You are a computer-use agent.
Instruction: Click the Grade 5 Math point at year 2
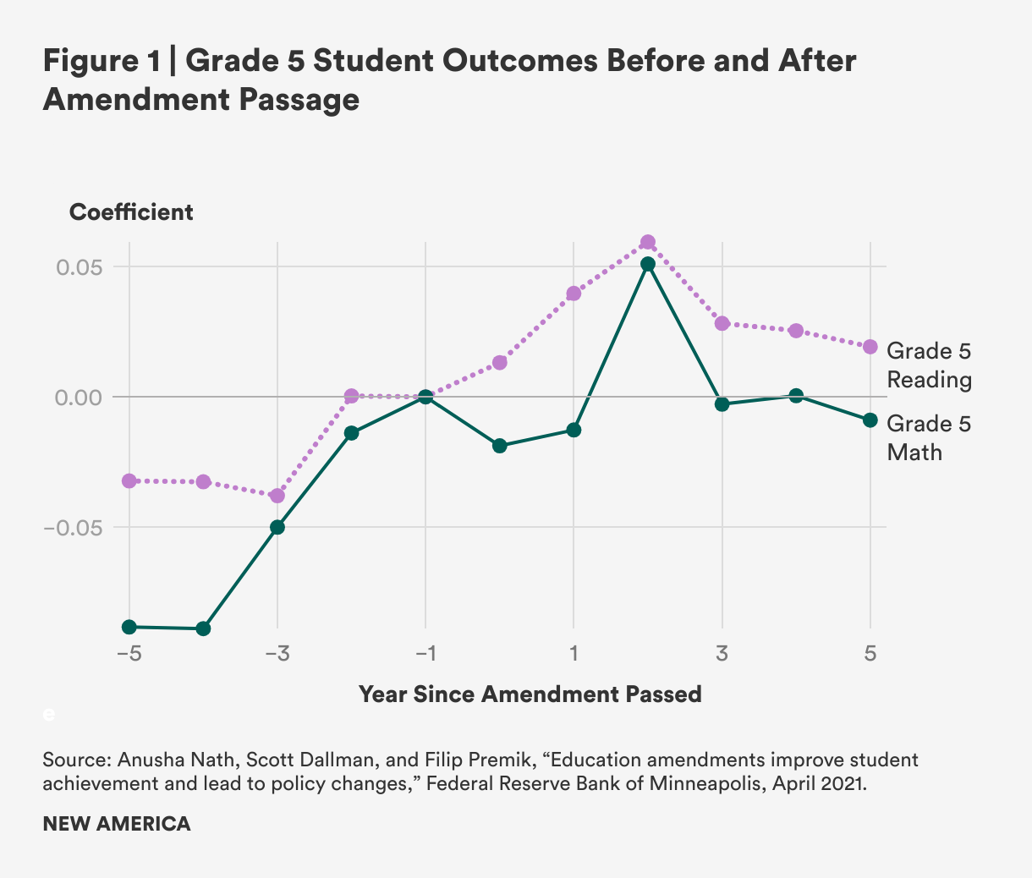(x=648, y=264)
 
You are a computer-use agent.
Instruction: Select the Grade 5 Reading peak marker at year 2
(x=648, y=243)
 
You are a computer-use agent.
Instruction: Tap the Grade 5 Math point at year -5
(x=129, y=627)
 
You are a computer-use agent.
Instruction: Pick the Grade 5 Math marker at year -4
(x=203, y=628)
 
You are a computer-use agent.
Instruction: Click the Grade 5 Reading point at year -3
(x=277, y=495)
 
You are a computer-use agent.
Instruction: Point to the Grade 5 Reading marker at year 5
(x=870, y=347)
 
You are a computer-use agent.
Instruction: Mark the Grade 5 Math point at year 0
(x=499, y=446)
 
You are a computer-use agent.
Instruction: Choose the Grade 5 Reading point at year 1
(x=574, y=294)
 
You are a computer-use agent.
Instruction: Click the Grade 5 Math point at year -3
(x=277, y=527)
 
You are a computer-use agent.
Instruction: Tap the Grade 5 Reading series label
(x=929, y=365)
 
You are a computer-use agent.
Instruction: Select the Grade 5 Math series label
(x=929, y=437)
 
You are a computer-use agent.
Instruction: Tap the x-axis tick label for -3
(x=277, y=654)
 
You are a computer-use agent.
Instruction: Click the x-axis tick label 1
(x=574, y=654)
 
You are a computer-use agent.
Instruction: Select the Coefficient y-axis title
(x=131, y=212)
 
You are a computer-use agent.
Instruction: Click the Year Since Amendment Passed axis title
(x=530, y=694)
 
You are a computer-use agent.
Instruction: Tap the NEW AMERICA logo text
(x=117, y=824)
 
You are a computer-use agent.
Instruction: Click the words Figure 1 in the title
(x=102, y=62)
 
